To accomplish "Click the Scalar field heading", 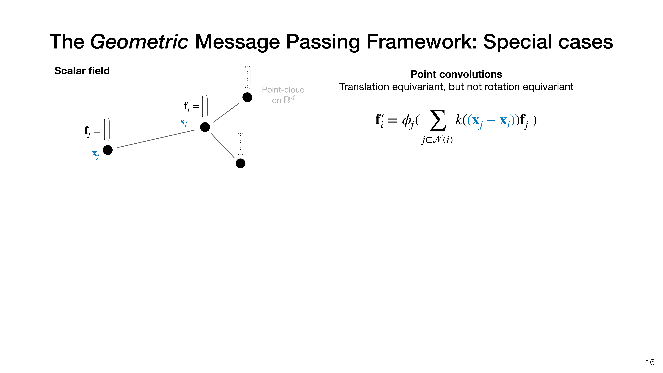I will [82, 71].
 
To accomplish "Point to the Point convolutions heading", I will [456, 74].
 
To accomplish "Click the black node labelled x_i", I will [205, 127].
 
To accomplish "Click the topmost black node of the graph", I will [247, 97].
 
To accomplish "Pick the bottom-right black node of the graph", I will [240, 163].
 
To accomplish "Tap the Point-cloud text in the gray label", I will [283, 90].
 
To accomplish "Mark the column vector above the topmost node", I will [247, 77].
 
